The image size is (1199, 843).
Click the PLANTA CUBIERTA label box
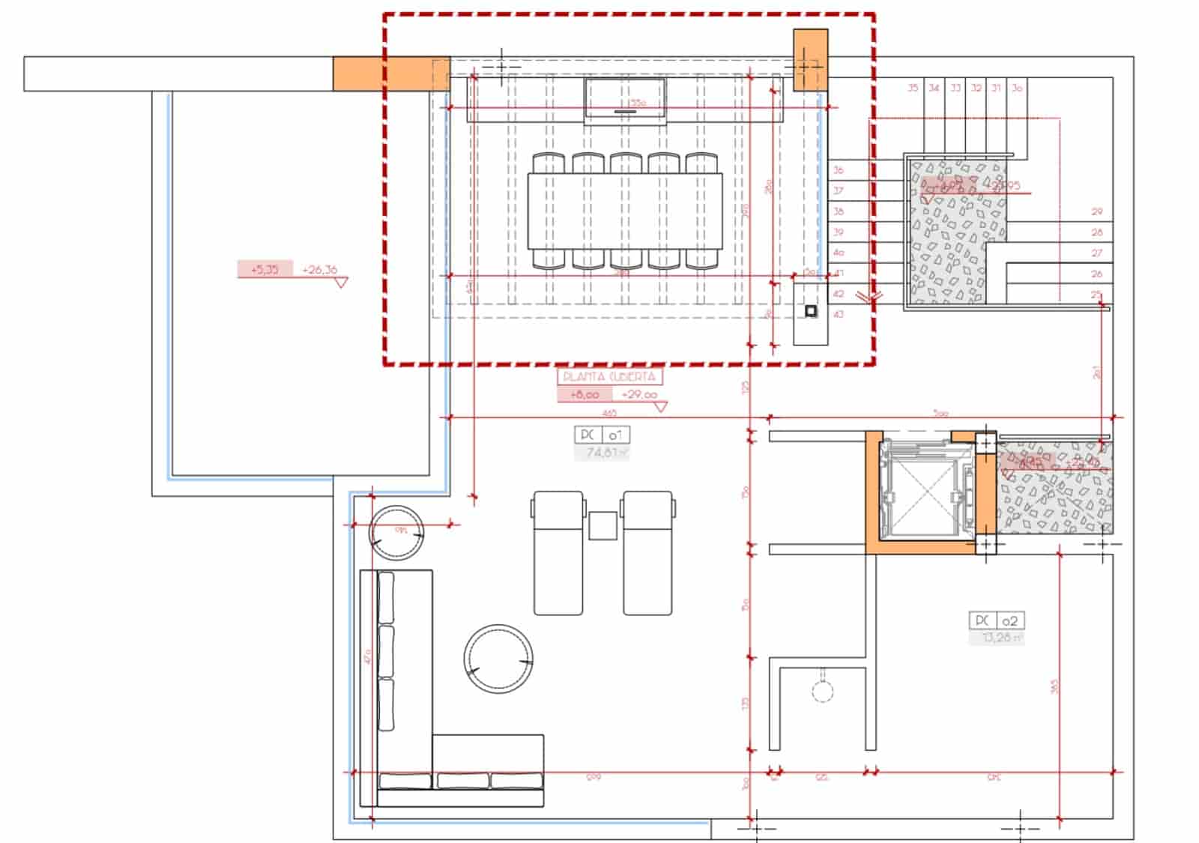pyautogui.click(x=609, y=377)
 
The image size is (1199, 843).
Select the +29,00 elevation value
pyautogui.click(x=638, y=395)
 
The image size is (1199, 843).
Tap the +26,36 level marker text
pyautogui.click(x=320, y=270)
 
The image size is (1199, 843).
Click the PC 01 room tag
pyautogui.click(x=602, y=435)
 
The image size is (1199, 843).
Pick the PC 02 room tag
pyautogui.click(x=996, y=620)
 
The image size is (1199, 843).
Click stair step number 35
pyautogui.click(x=913, y=88)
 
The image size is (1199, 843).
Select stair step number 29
pyautogui.click(x=1097, y=212)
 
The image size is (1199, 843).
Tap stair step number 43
pyautogui.click(x=839, y=315)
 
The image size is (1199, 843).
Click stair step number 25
pyautogui.click(x=1097, y=294)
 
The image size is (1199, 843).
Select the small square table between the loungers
pyautogui.click(x=602, y=525)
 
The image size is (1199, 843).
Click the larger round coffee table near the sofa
pyautogui.click(x=498, y=659)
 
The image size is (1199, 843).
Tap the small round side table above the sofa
pyautogui.click(x=396, y=533)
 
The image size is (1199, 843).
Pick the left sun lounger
pyautogui.click(x=558, y=553)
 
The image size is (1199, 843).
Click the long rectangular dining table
pyautogui.click(x=625, y=211)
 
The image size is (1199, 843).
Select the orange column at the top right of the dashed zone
pyautogui.click(x=810, y=60)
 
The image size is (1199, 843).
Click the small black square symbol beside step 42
pyautogui.click(x=811, y=310)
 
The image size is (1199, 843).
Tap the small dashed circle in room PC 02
pyautogui.click(x=823, y=691)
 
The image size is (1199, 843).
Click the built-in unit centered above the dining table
pyautogui.click(x=625, y=100)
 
